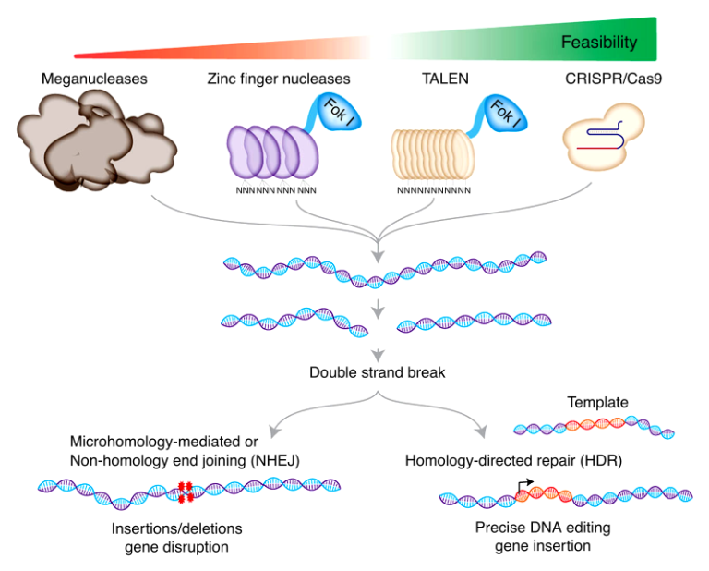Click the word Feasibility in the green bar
[x=599, y=43]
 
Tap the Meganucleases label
[x=94, y=79]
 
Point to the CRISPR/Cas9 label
[x=606, y=79]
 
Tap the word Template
[x=597, y=403]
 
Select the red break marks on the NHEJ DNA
[x=185, y=492]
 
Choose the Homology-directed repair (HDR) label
[x=496, y=459]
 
